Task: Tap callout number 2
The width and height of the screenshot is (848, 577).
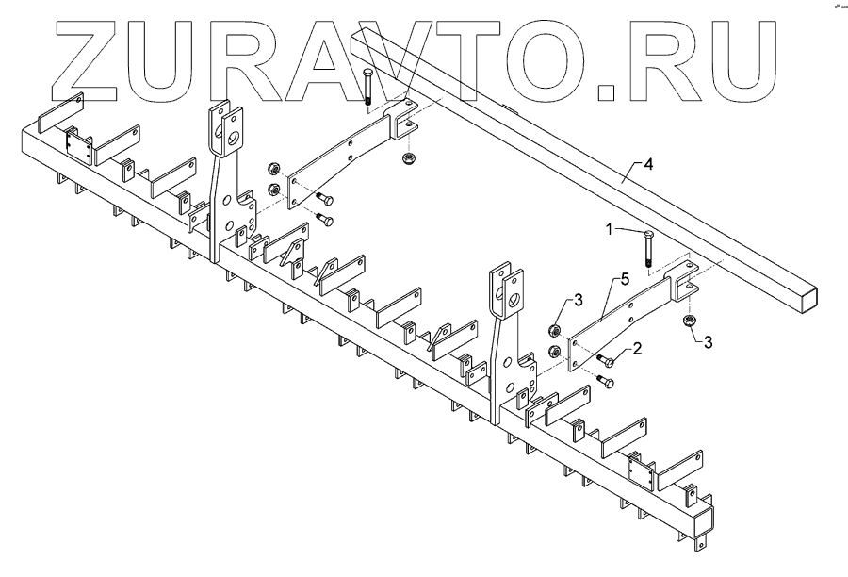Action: [x=638, y=349]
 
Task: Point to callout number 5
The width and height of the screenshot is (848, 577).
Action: [x=623, y=280]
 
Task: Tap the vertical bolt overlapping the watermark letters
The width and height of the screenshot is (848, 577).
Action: [x=367, y=89]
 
